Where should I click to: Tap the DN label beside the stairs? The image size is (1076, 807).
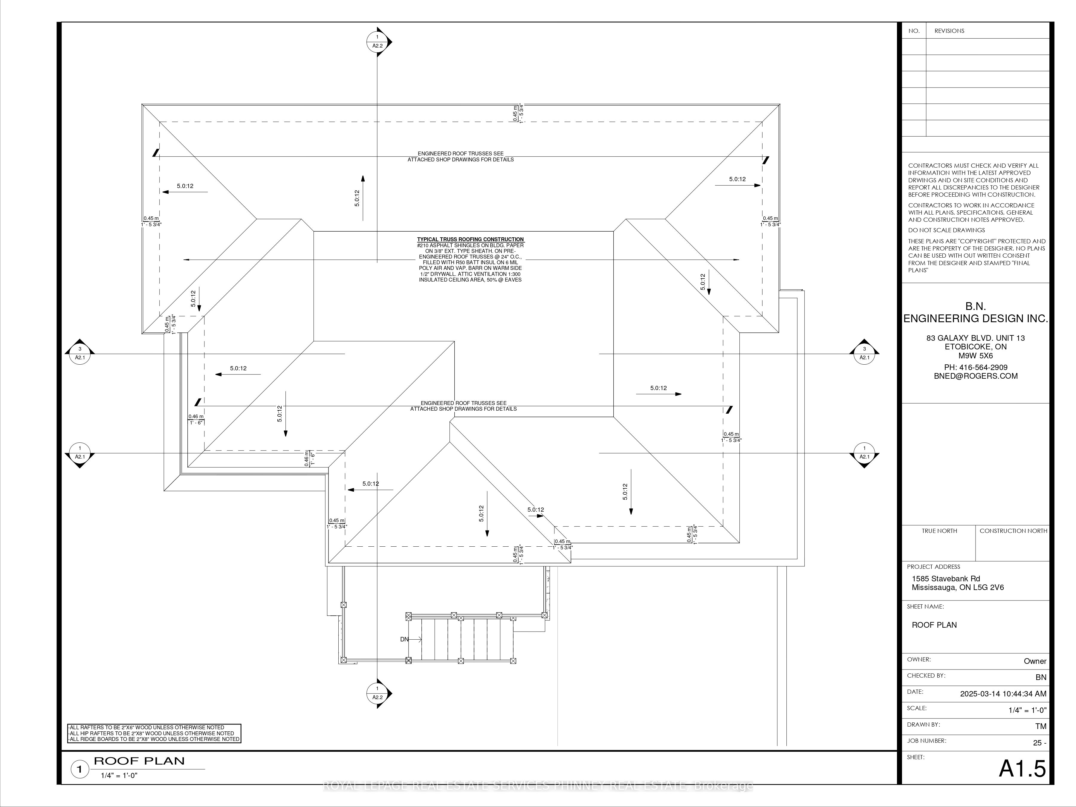click(x=404, y=639)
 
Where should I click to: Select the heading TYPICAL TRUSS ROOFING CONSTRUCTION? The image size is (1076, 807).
click(x=470, y=239)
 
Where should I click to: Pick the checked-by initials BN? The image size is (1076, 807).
click(x=1040, y=677)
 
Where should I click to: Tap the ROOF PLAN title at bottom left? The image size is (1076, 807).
click(x=139, y=761)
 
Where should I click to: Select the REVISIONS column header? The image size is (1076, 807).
click(x=949, y=31)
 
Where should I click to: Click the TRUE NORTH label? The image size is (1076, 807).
click(x=939, y=531)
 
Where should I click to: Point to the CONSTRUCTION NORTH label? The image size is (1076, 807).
click(x=1013, y=531)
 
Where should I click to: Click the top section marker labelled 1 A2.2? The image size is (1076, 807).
click(x=377, y=42)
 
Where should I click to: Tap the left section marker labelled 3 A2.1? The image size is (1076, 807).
click(x=80, y=353)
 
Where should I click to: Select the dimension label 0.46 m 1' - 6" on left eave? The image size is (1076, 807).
click(x=196, y=419)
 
